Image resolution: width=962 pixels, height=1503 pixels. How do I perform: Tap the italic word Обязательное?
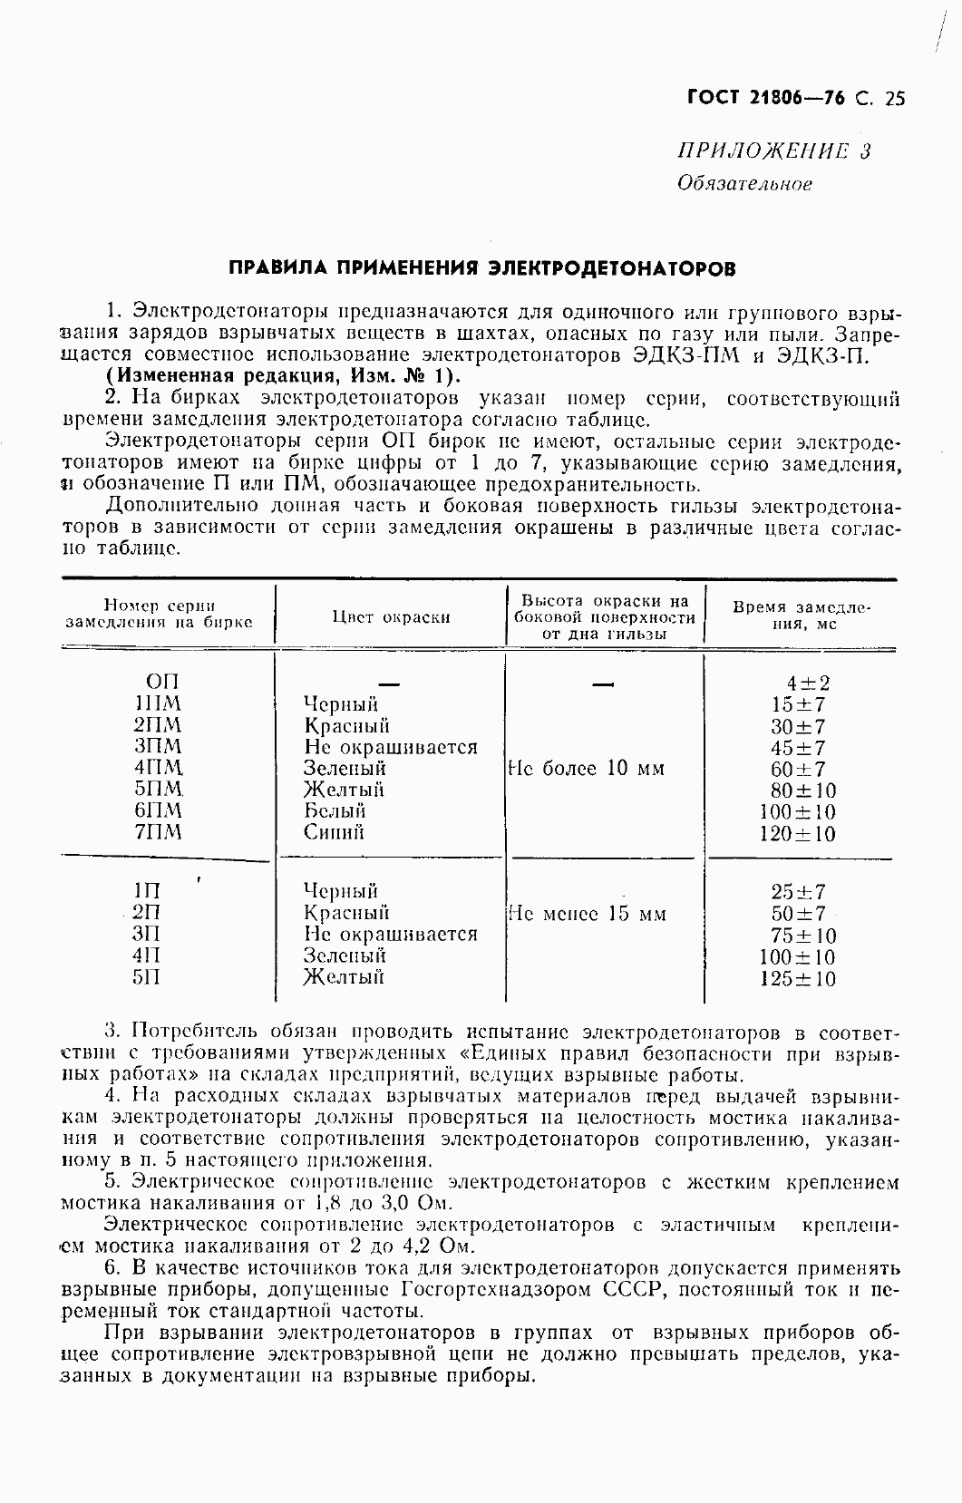[744, 184]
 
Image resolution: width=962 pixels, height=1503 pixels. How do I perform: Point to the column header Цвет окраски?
[391, 617]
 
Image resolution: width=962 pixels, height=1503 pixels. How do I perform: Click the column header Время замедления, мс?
[801, 616]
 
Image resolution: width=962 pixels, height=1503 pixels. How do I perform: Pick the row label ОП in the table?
[162, 682]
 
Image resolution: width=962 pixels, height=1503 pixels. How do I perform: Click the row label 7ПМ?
[158, 832]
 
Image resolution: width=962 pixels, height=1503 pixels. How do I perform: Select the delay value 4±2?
[808, 684]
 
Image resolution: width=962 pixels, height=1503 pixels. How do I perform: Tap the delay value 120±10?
[798, 834]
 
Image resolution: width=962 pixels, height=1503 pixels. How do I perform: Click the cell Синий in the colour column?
[335, 832]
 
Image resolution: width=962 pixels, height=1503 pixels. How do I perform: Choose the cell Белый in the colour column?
[335, 810]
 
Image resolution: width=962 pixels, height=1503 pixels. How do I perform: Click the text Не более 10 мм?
[586, 769]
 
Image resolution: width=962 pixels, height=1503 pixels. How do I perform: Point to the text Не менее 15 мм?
[587, 914]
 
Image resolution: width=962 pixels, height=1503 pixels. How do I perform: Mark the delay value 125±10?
[798, 979]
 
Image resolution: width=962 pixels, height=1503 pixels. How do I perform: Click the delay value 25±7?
[798, 892]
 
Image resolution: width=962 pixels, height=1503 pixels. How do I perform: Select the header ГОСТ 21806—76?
[766, 99]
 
